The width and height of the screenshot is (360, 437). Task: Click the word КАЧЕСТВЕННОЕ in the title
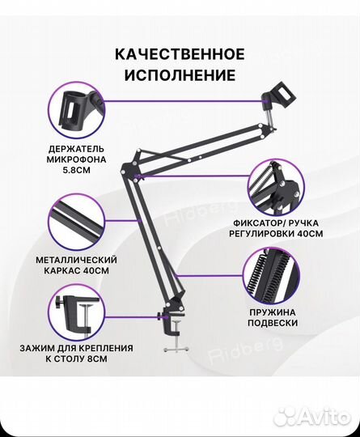(180, 54)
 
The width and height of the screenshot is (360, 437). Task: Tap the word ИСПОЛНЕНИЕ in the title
(180, 75)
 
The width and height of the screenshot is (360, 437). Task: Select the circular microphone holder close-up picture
(77, 118)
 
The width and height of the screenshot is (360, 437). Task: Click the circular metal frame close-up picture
(77, 221)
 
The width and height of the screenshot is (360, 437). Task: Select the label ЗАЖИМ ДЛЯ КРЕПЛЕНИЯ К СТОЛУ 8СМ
(77, 353)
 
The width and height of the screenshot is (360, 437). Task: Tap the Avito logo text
(318, 416)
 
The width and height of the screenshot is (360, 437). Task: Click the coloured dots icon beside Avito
(284, 415)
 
